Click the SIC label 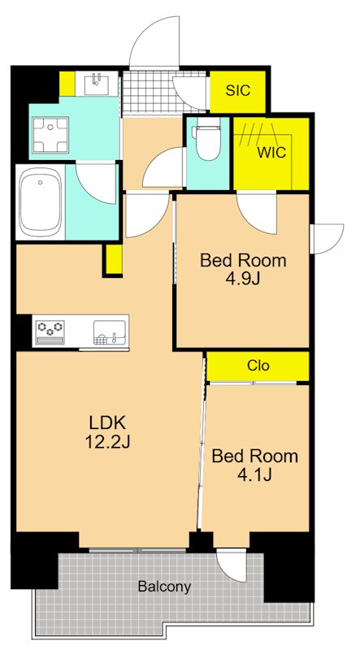[x=238, y=90]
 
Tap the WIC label [x=271, y=153]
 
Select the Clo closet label [x=258, y=366]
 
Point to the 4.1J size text [x=254, y=474]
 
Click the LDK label [x=107, y=423]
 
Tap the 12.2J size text [x=107, y=442]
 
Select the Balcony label [x=165, y=587]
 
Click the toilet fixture [x=206, y=142]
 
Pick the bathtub [x=41, y=203]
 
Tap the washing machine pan [x=50, y=135]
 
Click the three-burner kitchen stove [x=50, y=331]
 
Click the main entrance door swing [x=154, y=41]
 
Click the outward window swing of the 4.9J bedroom [x=327, y=238]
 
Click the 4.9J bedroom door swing [x=257, y=214]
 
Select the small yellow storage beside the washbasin [x=67, y=84]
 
